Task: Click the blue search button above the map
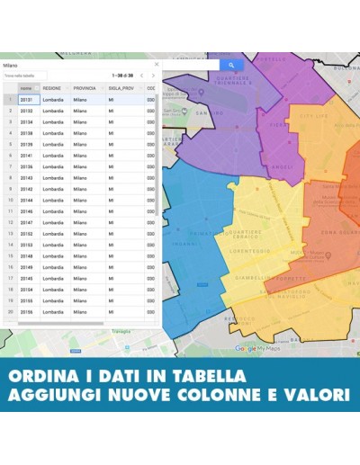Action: (231, 65)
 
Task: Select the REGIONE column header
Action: (52, 88)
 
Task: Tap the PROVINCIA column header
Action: (85, 88)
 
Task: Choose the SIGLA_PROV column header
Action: (121, 88)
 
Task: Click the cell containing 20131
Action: (26, 100)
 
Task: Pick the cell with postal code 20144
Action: (26, 200)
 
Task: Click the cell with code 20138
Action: (26, 133)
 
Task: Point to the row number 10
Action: (10, 200)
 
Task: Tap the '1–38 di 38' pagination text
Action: (121, 76)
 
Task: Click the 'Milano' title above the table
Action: (10, 66)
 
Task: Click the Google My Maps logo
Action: (257, 348)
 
